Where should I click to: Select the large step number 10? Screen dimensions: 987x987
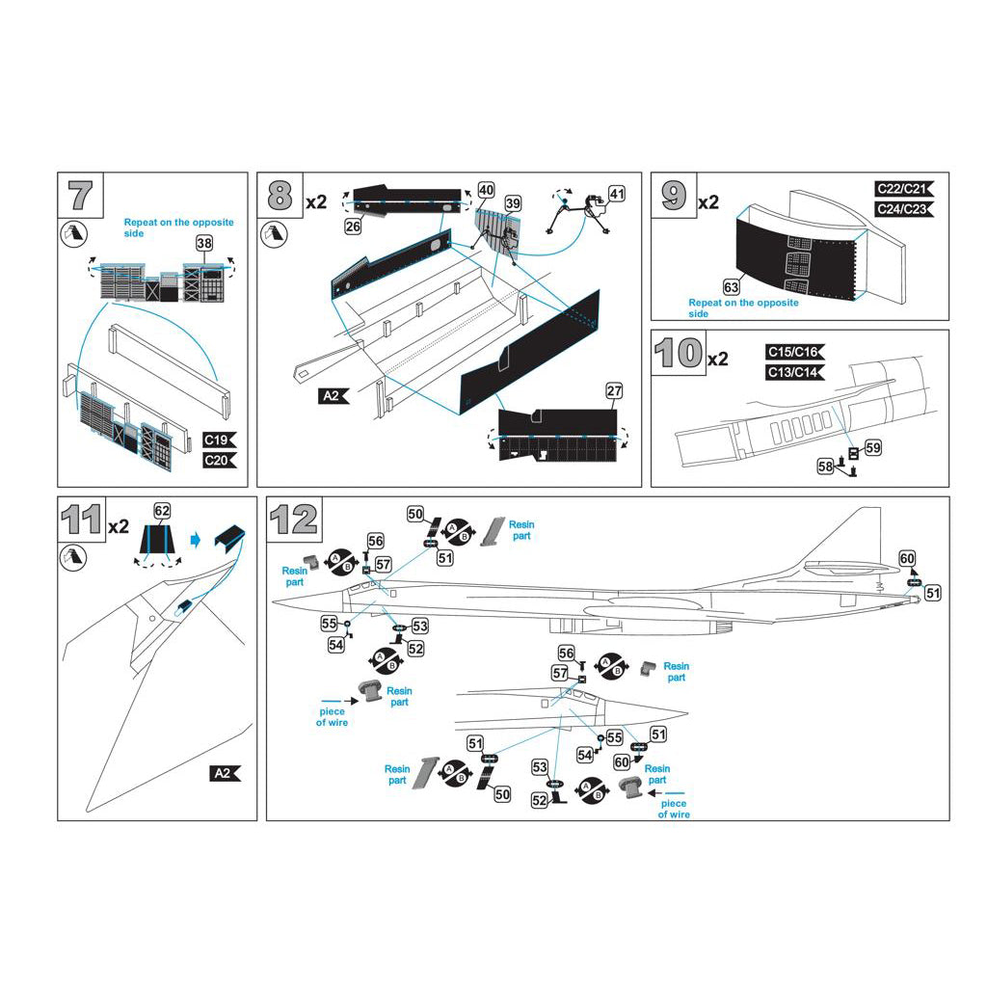point(679,354)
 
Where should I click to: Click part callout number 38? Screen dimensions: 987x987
point(204,243)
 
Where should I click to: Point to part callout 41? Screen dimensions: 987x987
point(617,193)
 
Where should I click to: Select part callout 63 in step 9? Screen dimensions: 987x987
point(732,286)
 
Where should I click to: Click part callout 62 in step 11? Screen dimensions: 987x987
point(162,510)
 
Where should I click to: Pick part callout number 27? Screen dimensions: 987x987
point(613,391)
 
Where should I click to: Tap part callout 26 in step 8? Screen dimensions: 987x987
point(353,227)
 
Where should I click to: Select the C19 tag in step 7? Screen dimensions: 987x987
point(219,440)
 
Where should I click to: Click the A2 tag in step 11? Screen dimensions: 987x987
point(224,773)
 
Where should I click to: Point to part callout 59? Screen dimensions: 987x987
point(872,447)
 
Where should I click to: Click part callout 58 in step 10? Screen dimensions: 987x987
point(826,467)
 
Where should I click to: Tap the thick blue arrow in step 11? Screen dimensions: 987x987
point(196,540)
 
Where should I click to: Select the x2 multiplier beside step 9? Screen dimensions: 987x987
point(707,201)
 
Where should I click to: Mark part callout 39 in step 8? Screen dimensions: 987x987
point(513,203)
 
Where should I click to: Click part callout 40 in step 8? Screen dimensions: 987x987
point(486,191)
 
